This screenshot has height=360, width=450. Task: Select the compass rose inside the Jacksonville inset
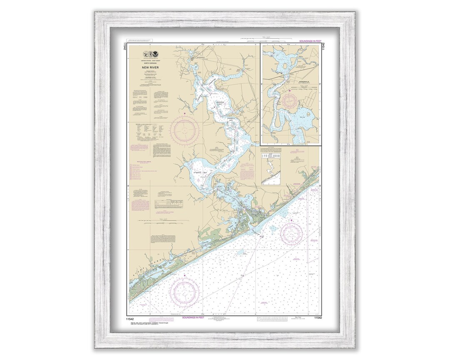(x=290, y=101)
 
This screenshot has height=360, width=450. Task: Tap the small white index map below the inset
(x=270, y=169)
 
